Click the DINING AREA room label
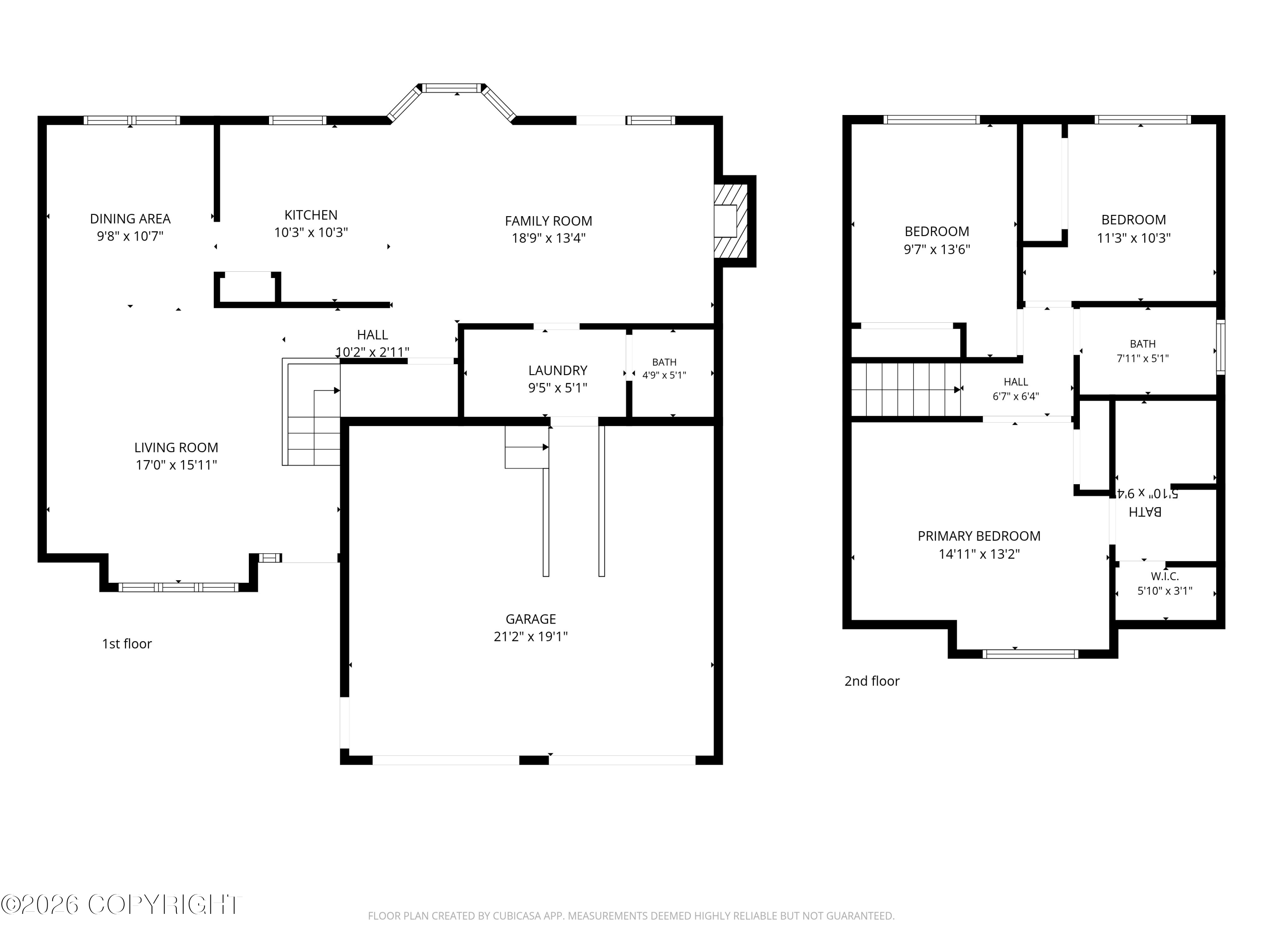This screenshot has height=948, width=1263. pyautogui.click(x=130, y=219)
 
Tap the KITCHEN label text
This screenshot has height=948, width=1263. pyautogui.click(x=311, y=215)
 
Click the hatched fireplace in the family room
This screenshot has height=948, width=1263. pyautogui.click(x=731, y=221)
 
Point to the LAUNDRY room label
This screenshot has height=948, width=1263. pyautogui.click(x=558, y=370)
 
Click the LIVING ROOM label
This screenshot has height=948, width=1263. pyautogui.click(x=176, y=447)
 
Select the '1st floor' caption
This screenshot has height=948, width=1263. pyautogui.click(x=127, y=644)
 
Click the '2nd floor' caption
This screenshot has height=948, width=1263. pyautogui.click(x=872, y=681)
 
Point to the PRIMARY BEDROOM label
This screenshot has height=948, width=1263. pyautogui.click(x=979, y=536)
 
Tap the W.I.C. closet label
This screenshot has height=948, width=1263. pyautogui.click(x=1165, y=576)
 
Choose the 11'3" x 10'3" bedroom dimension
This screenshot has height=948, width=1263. pyautogui.click(x=1134, y=238)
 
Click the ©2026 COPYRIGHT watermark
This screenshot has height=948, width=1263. pyautogui.click(x=121, y=905)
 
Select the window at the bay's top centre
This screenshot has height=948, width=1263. pyautogui.click(x=452, y=88)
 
